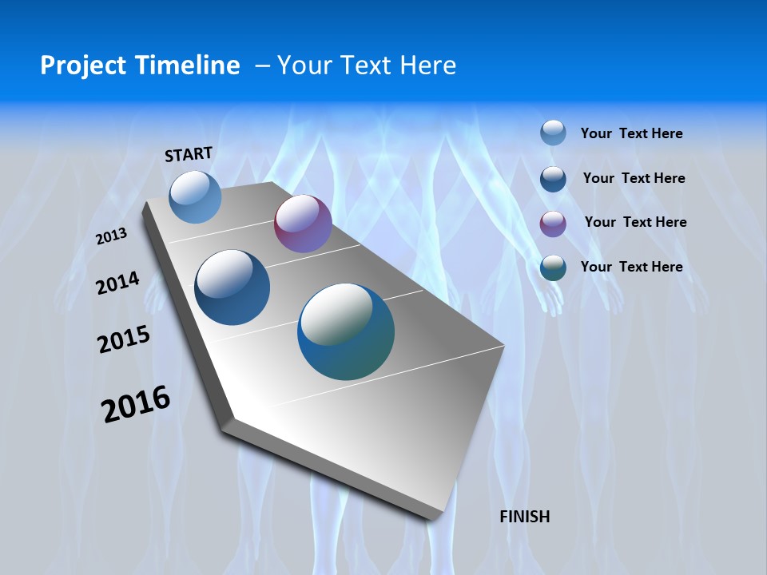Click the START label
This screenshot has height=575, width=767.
(189, 154)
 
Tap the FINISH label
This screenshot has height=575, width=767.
(525, 517)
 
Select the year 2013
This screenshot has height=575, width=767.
(111, 236)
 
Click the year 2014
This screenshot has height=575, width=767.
(117, 283)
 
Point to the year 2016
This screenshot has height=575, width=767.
(136, 404)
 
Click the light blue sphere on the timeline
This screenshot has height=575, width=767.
(196, 196)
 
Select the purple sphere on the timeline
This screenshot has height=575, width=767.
(303, 224)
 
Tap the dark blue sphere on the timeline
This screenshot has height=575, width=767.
(232, 287)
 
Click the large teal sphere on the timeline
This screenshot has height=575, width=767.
(346, 331)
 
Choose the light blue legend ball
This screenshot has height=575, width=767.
(553, 133)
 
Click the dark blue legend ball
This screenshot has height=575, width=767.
(553, 179)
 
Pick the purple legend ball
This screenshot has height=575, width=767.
(553, 224)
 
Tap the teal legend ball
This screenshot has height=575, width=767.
(553, 268)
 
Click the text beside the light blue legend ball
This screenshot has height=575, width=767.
(631, 133)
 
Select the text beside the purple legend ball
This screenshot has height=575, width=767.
(635, 222)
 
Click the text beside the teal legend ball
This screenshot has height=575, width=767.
(631, 267)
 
